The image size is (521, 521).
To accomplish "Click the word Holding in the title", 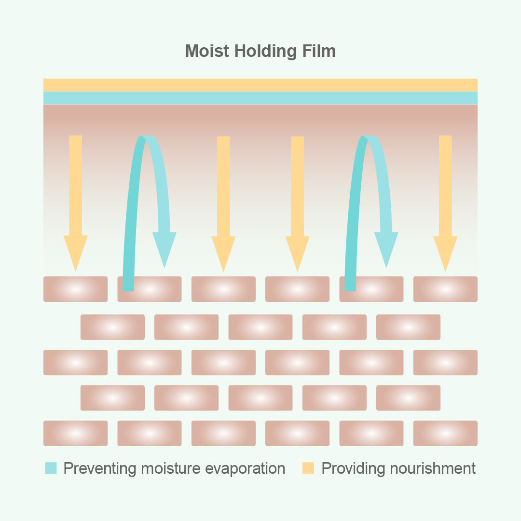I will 264,52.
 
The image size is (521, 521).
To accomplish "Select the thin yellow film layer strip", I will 260,85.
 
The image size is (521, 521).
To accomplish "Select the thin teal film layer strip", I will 260,98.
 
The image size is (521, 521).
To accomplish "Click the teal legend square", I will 51,468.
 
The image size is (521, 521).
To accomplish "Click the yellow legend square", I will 308,468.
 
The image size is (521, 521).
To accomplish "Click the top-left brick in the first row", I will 76,289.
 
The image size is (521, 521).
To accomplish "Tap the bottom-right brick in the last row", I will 445,433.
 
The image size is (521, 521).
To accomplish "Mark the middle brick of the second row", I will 260,327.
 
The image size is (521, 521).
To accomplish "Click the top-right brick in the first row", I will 445,289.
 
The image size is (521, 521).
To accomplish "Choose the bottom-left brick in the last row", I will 76,433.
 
